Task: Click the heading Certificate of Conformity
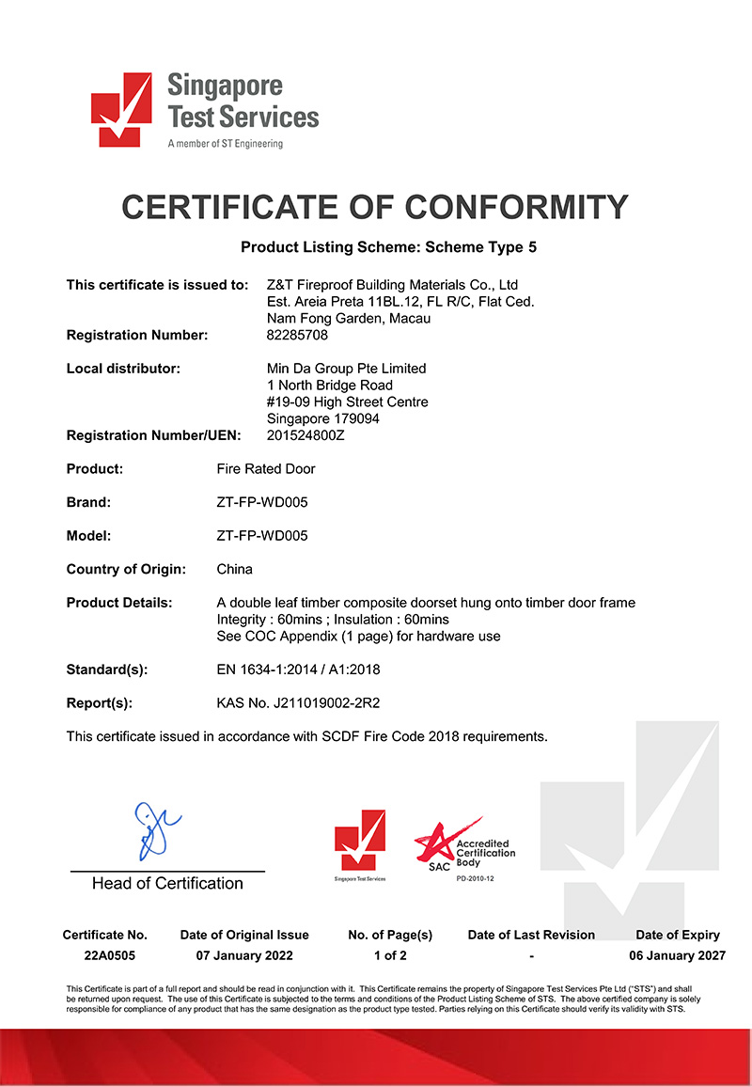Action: tap(375, 206)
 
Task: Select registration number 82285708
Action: tap(298, 335)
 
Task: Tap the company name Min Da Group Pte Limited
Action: tap(347, 368)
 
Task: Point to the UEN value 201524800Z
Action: tap(306, 435)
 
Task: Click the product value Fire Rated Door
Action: tap(266, 468)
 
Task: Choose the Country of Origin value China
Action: tap(234, 569)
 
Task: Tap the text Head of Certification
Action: tap(167, 883)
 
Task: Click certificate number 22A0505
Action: tap(104, 955)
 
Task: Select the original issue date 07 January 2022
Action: tap(244, 955)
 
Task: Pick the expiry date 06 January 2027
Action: tap(678, 955)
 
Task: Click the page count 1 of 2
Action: tap(390, 955)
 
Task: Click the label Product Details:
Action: tap(119, 603)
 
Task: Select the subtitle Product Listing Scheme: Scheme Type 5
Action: tap(388, 248)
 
